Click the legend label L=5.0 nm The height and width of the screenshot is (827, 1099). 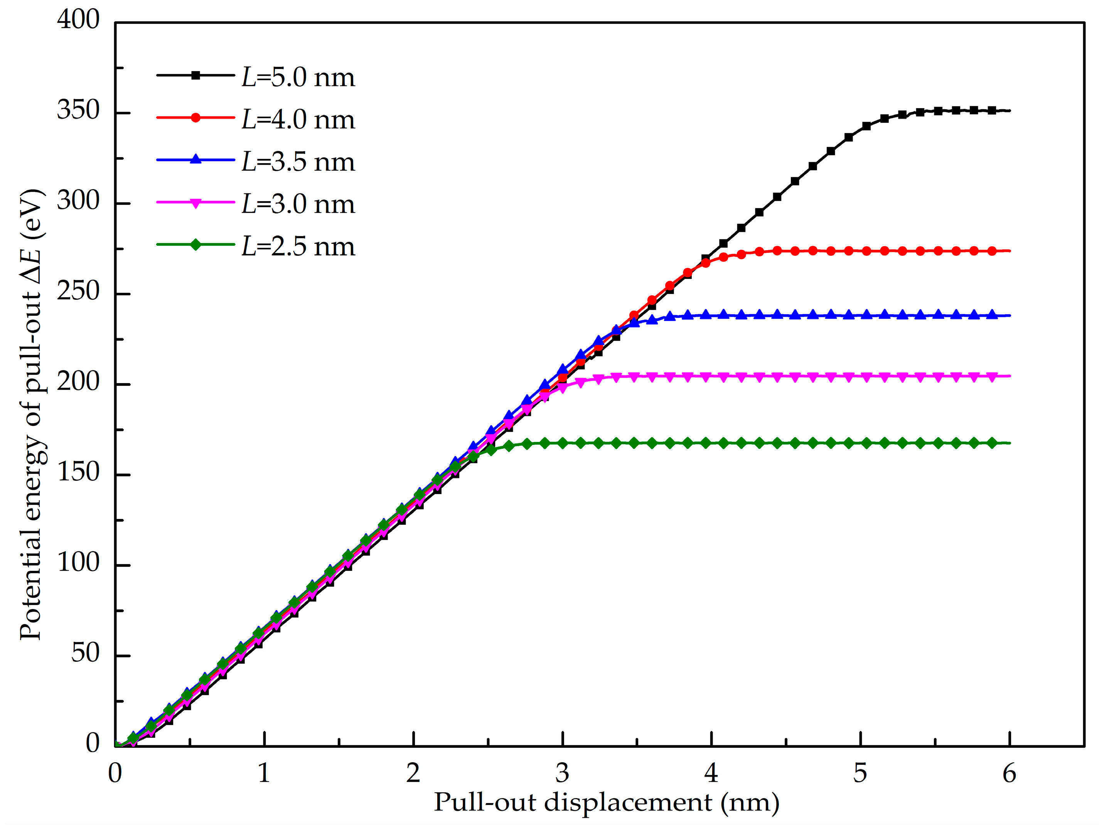tap(298, 78)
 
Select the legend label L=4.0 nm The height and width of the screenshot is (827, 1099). tap(298, 120)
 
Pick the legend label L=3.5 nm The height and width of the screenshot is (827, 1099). tap(298, 162)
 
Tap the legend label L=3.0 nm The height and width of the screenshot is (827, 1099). tap(298, 205)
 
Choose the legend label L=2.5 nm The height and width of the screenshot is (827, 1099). tap(298, 247)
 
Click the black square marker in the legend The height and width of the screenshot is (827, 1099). tap(196, 76)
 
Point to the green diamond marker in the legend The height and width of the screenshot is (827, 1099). tap(196, 245)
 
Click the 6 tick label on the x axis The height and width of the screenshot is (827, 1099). tap(1009, 774)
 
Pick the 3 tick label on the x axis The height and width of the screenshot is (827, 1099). tap(562, 774)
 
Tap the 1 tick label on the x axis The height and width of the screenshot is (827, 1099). tap(264, 774)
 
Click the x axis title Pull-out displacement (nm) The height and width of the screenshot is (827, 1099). tap(606, 803)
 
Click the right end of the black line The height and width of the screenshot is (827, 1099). tap(1010, 110)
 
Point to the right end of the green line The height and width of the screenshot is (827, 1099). tap(1010, 443)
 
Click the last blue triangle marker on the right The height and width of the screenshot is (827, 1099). tap(992, 315)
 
